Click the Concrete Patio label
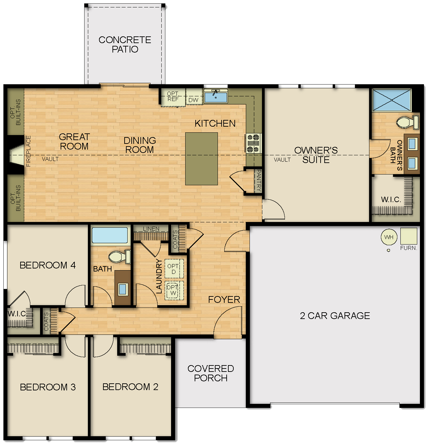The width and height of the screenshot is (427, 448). pos(125,44)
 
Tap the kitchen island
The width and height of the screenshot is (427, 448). pos(201,159)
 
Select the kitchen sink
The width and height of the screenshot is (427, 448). pos(216,97)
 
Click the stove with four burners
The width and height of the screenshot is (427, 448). pos(253,143)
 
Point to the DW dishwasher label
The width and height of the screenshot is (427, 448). pos(193,100)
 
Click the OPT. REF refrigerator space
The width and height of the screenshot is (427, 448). pos(173,97)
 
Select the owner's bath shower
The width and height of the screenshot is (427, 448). pos(392,100)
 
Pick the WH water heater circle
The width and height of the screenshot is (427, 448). pos(389,237)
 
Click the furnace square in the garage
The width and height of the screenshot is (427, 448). pos(408,236)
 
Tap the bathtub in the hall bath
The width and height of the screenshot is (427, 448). pos(110,235)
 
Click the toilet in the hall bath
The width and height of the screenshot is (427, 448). pos(119,257)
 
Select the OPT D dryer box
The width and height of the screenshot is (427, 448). pos(174,269)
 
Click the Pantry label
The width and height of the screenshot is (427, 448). pos(259,181)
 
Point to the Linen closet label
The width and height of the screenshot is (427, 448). pos(151,229)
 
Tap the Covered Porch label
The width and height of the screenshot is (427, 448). pos(211,373)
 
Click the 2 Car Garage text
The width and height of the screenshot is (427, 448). pos(335,316)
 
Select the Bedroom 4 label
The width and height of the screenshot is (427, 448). pos(47,265)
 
